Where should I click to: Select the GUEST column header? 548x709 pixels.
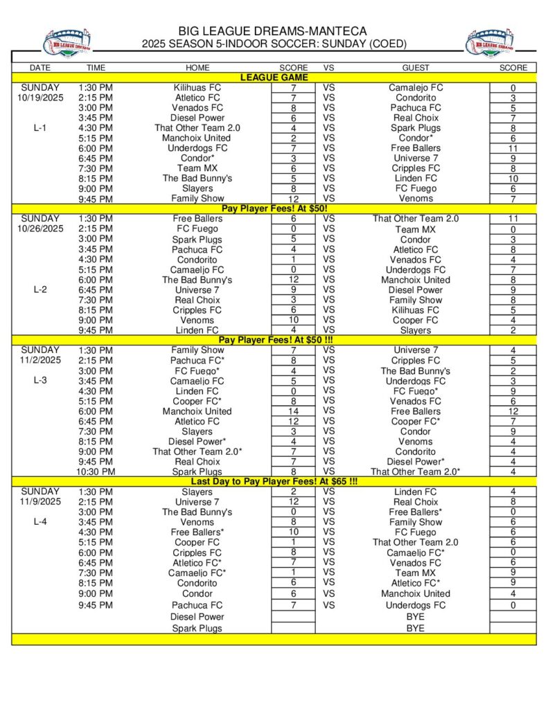point(416,68)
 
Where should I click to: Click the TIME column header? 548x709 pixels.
point(96,68)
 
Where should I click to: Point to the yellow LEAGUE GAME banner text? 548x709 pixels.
point(274,78)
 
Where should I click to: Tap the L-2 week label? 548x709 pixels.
point(40,289)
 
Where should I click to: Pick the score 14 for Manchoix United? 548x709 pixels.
point(293,411)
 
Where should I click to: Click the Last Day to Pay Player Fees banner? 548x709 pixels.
point(274,481)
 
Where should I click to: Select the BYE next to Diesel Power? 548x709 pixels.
point(416,616)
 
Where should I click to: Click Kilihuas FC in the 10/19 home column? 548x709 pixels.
point(197,88)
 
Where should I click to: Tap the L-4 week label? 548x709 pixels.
point(40,521)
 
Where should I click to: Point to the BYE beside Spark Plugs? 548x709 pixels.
point(416,628)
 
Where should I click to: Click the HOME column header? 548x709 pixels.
point(197,68)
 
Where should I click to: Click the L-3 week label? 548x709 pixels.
point(40,380)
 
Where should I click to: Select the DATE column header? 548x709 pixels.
point(40,68)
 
